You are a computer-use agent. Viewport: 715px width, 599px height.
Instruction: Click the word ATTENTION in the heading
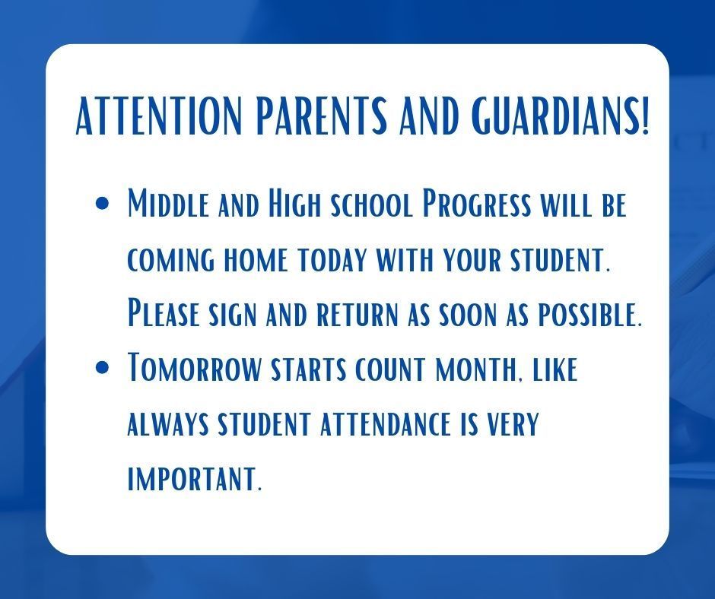click(x=157, y=116)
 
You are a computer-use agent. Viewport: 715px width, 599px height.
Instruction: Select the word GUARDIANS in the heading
click(x=546, y=116)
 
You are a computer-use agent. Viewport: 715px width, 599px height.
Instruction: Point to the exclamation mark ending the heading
click(x=643, y=116)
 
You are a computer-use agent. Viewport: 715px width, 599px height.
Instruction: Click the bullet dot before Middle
click(x=103, y=203)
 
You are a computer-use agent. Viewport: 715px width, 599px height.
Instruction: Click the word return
click(x=357, y=315)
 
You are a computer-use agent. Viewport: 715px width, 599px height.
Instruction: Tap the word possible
click(x=590, y=315)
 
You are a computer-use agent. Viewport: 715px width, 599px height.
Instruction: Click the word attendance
click(x=386, y=424)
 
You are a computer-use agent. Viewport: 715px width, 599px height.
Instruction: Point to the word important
click(x=195, y=479)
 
